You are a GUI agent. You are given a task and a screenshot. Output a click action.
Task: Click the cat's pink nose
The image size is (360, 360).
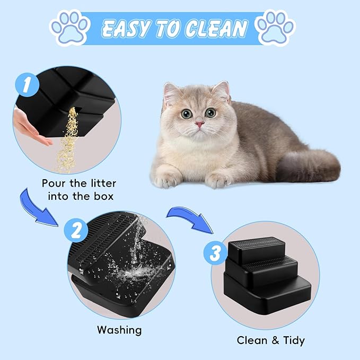click(x=199, y=124)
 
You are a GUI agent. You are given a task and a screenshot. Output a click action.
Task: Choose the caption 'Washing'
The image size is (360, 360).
click(x=119, y=330)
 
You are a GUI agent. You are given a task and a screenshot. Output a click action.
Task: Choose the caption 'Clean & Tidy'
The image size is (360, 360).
click(x=270, y=340)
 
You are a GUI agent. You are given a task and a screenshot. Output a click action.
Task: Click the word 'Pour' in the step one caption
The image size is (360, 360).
click(x=55, y=183)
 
